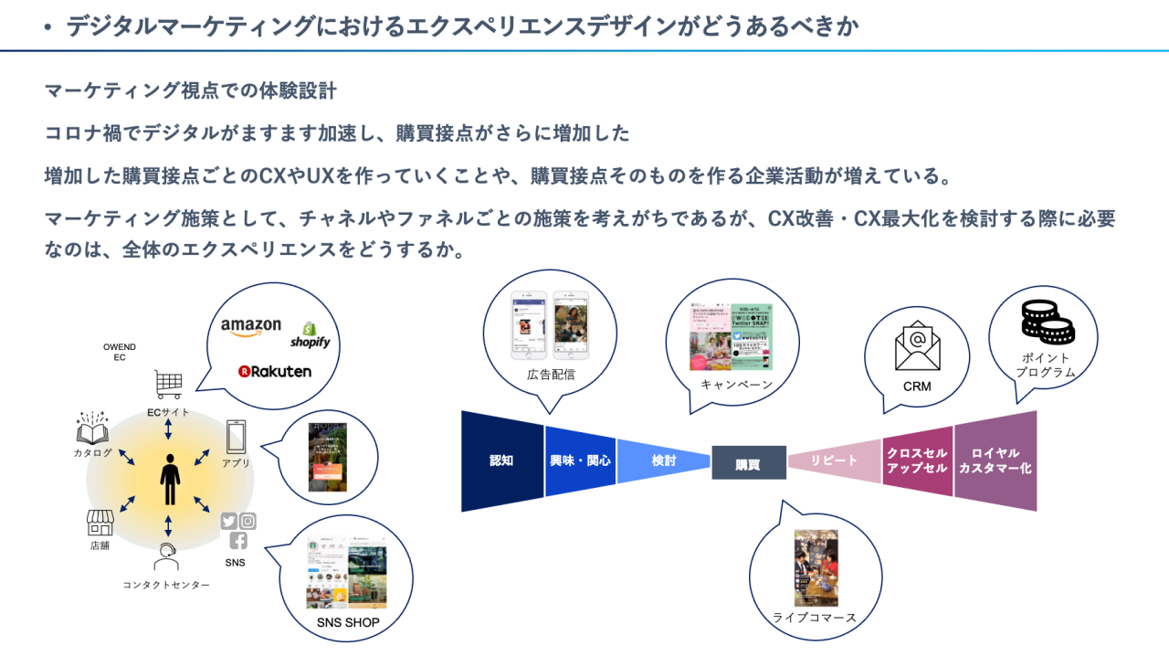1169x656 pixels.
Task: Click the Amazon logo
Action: [x=251, y=328]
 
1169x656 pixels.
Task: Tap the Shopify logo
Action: [x=310, y=335]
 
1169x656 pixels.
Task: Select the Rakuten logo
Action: [x=274, y=371]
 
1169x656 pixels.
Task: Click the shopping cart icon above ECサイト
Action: [x=168, y=385]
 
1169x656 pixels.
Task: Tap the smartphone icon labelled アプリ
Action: [x=236, y=437]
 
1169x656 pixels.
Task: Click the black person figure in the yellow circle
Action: [x=170, y=480]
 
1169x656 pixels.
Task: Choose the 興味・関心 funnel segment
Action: [x=580, y=460]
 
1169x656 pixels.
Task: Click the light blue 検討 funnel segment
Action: [x=664, y=460]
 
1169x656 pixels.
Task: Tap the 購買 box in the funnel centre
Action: [x=748, y=463]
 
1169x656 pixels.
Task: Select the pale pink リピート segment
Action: [x=834, y=460]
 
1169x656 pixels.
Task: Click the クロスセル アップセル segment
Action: [x=917, y=460]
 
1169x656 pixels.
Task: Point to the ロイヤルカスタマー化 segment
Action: [x=995, y=460]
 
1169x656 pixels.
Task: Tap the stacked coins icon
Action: [x=1047, y=323]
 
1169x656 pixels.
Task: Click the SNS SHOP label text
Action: [x=348, y=623]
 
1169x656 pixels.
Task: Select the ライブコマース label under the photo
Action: [x=815, y=618]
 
